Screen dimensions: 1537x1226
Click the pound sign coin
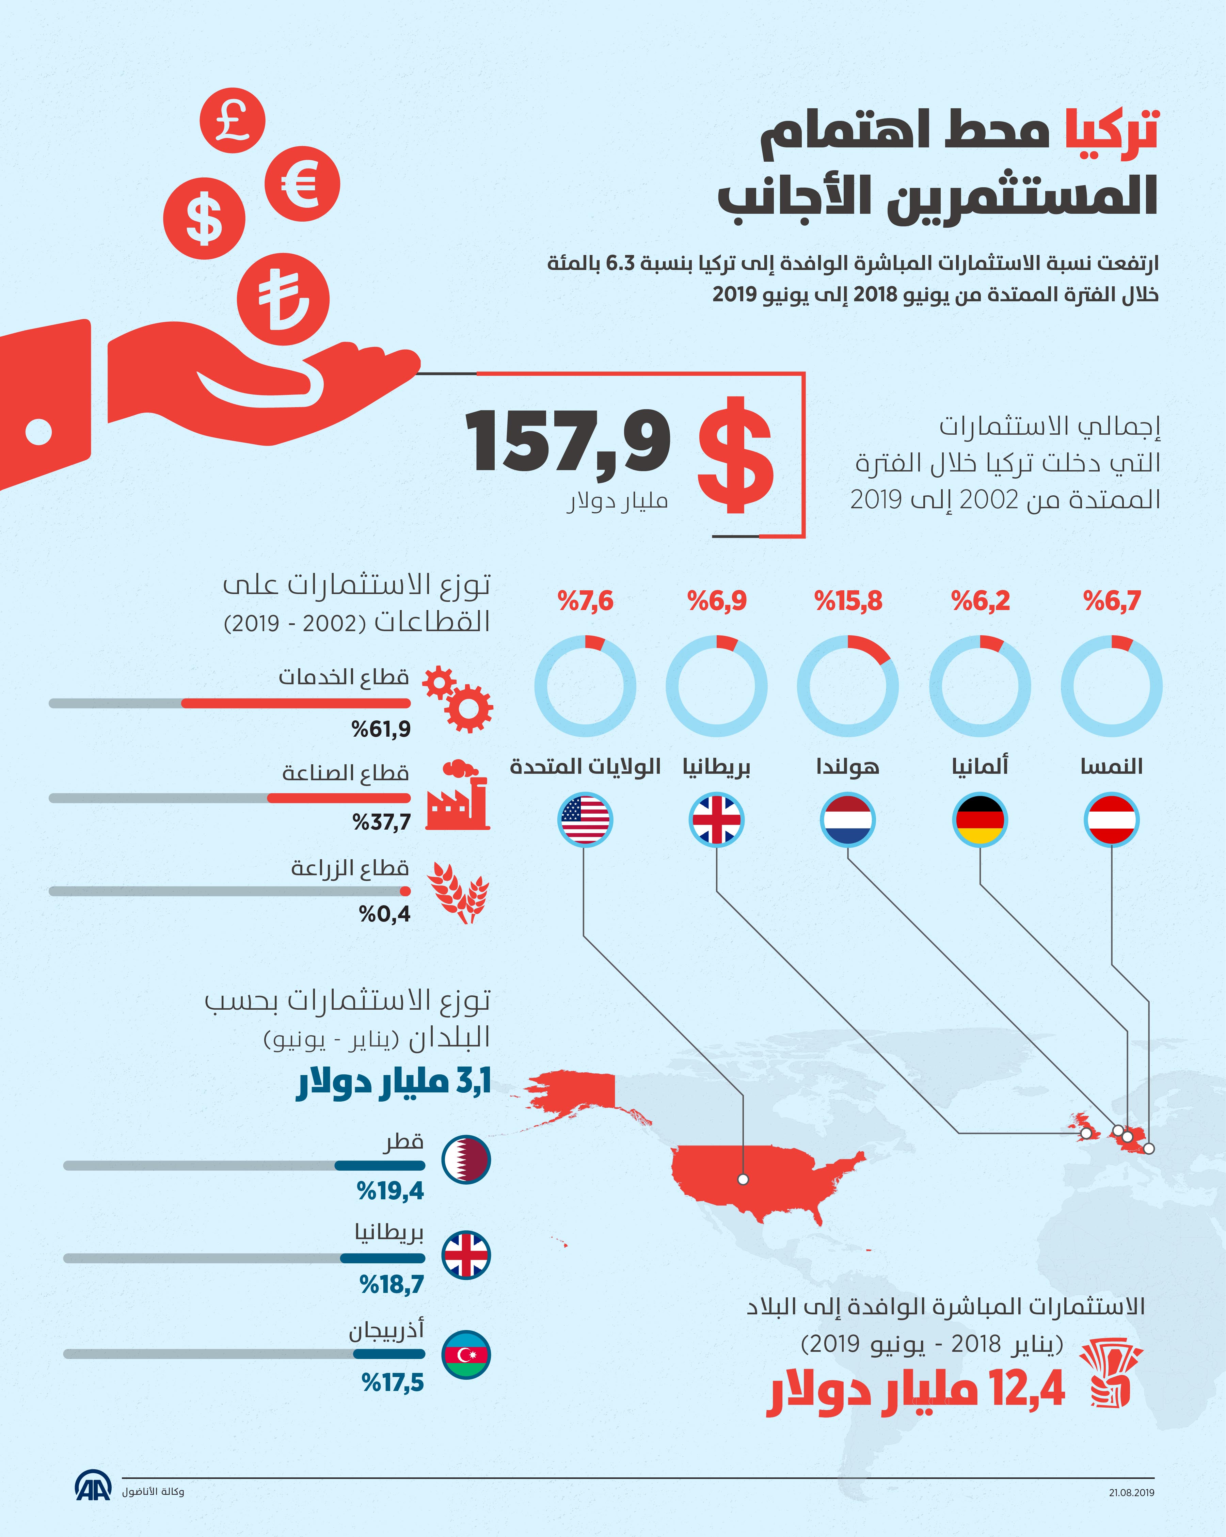click(x=233, y=120)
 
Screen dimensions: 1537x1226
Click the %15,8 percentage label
click(x=848, y=601)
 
